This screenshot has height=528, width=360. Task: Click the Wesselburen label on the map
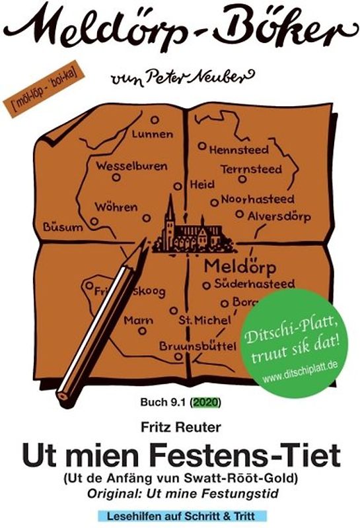pyautogui.click(x=132, y=166)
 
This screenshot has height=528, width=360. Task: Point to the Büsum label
pyautogui.click(x=63, y=227)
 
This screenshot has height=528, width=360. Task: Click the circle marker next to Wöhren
pyautogui.click(x=94, y=221)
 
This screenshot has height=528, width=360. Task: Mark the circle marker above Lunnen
pyautogui.click(x=155, y=120)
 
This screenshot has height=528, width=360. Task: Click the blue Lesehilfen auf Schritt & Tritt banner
pyautogui.click(x=179, y=515)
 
